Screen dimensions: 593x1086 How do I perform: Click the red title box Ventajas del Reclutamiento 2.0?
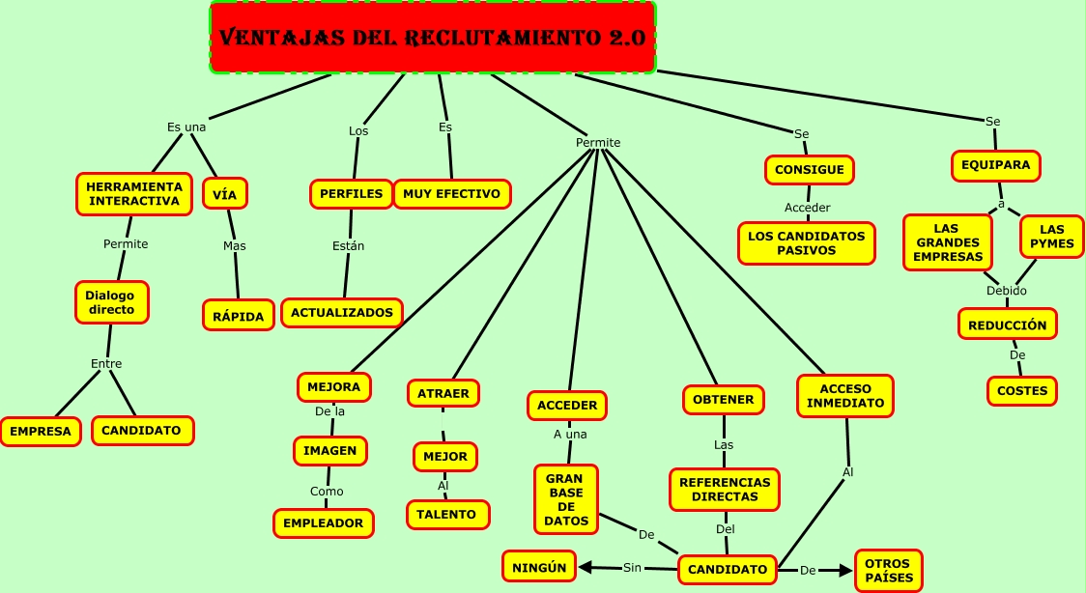click(432, 38)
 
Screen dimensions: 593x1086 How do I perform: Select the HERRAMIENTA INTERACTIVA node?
click(134, 193)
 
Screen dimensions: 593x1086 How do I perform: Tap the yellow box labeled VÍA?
click(224, 193)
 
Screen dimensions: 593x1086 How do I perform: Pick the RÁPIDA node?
click(238, 315)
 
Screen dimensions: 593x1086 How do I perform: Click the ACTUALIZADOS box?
click(342, 312)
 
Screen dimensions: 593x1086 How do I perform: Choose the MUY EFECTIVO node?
click(451, 193)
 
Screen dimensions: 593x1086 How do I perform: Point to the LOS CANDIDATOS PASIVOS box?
click(806, 242)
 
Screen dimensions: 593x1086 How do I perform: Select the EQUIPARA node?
click(995, 165)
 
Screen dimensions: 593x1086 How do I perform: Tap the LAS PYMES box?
click(1051, 237)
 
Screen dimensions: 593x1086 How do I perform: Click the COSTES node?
click(1022, 390)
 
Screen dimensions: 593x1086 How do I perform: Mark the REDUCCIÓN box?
click(1007, 325)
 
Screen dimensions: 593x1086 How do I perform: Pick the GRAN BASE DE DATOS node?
click(566, 499)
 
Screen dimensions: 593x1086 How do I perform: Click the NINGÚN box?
click(538, 567)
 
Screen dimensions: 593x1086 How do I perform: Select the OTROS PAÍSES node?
click(889, 570)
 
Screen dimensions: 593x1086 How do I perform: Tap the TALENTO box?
click(446, 515)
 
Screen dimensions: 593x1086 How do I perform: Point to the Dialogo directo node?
click(111, 302)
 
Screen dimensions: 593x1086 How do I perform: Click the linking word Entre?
click(106, 364)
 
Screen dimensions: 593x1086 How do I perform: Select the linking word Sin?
click(632, 567)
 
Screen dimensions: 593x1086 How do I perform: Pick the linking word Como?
click(327, 491)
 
